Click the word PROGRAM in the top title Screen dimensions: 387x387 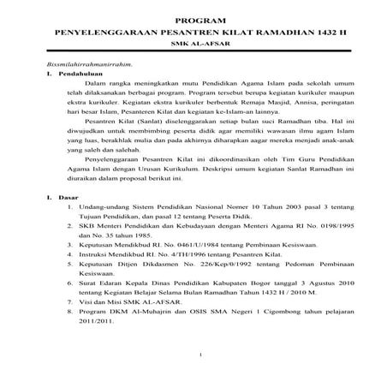click(193, 19)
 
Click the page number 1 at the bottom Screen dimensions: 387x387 click(198, 356)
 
